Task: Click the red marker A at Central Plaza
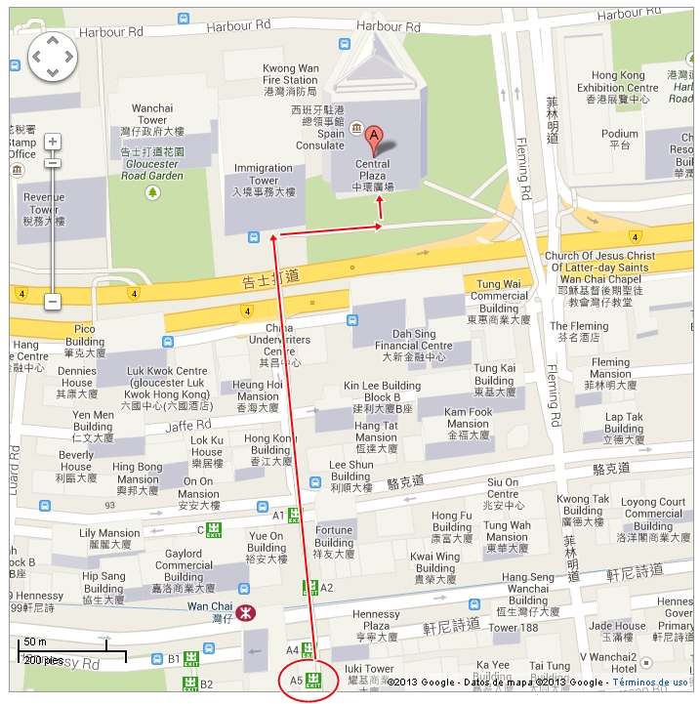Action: tap(373, 136)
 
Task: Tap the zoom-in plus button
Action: tap(53, 143)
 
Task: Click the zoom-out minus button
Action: tap(53, 302)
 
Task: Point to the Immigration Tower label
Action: tap(263, 181)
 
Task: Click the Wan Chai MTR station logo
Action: tap(243, 612)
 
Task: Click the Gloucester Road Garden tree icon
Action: tap(152, 192)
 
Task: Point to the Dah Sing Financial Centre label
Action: tap(414, 345)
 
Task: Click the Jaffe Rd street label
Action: tap(187, 425)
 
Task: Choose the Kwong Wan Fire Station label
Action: tap(290, 79)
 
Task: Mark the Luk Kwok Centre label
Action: tap(167, 382)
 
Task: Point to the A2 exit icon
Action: tap(310, 588)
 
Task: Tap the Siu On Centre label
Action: tap(504, 494)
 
